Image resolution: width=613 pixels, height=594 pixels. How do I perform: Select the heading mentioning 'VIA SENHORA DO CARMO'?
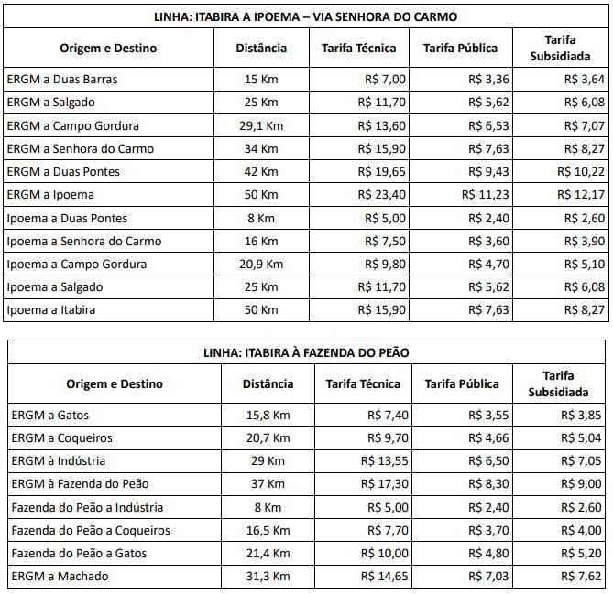pyautogui.click(x=306, y=16)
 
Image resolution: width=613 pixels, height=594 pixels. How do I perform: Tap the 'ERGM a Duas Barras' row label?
pyautogui.click(x=62, y=79)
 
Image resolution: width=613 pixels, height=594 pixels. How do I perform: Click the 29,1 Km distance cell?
pyautogui.click(x=257, y=125)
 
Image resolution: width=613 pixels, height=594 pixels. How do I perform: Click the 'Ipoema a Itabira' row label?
pyautogui.click(x=51, y=310)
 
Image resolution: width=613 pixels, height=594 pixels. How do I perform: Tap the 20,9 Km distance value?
pyautogui.click(x=257, y=265)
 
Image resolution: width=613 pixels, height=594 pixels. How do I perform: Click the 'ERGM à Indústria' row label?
pyautogui.click(x=59, y=461)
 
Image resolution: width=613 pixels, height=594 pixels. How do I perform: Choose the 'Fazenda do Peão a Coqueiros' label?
pyautogui.click(x=91, y=531)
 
